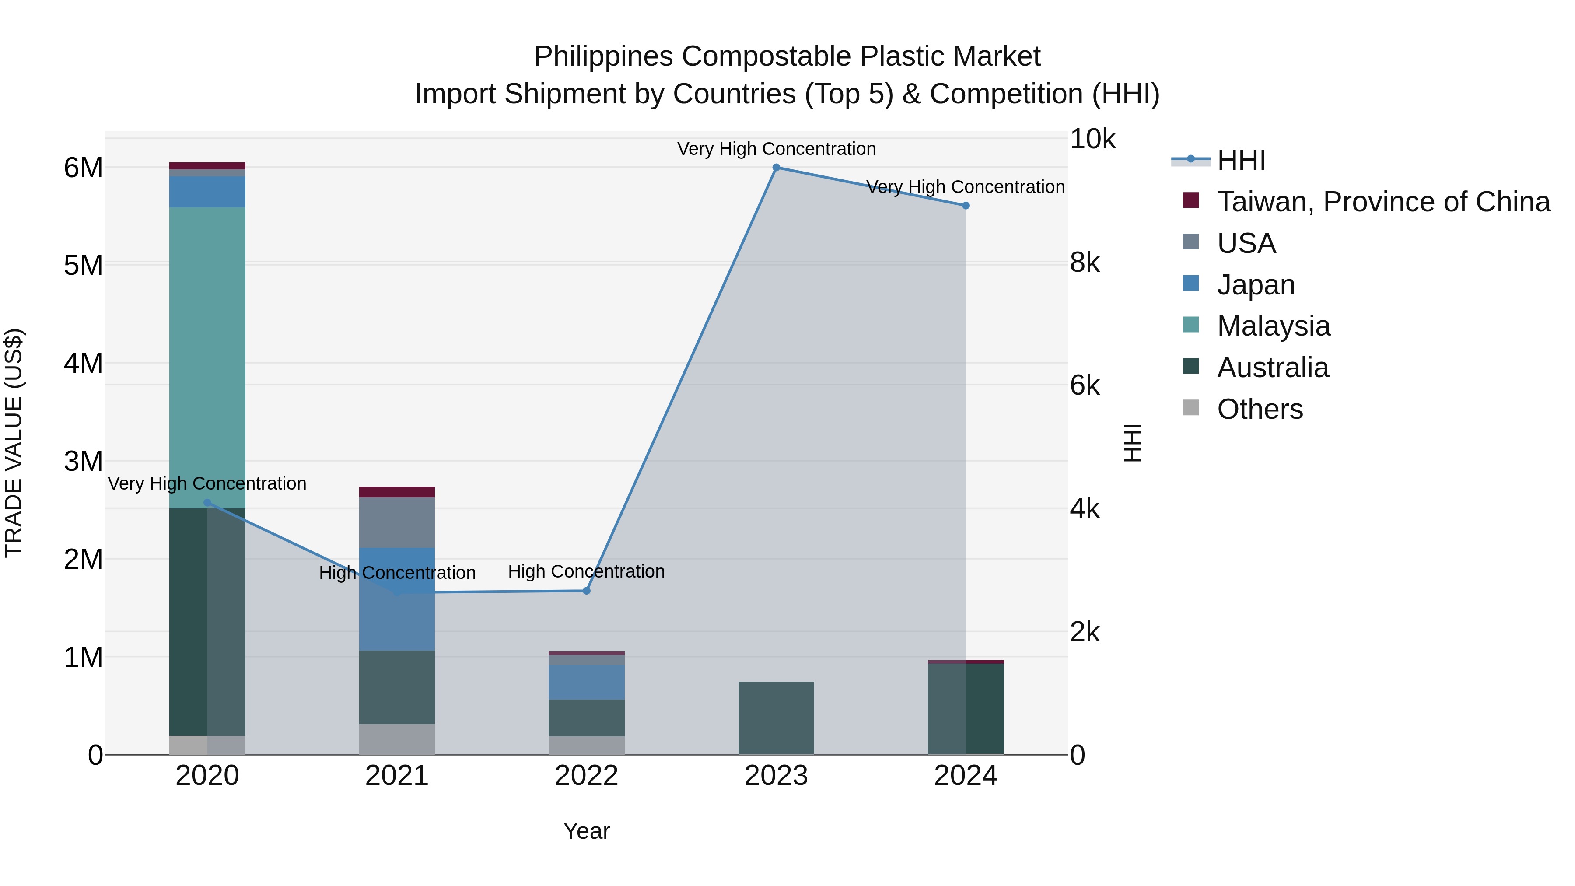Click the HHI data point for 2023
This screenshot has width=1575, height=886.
776,168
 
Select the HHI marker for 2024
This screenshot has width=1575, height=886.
966,206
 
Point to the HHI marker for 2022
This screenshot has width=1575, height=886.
586,591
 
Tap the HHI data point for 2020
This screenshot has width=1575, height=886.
207,503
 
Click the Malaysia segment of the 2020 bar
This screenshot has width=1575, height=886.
207,358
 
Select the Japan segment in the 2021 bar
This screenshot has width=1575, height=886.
397,599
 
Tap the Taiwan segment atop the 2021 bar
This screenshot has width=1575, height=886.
397,492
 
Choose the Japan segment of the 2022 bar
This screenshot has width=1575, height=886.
586,682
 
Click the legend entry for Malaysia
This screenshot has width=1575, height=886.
1273,326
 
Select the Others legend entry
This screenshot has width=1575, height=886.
1260,409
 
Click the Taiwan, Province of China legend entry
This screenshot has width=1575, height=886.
1383,202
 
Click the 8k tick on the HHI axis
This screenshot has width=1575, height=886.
1085,263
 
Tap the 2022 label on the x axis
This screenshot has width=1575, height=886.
586,776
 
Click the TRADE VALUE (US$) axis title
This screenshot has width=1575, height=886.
14,443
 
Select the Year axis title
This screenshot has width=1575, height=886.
586,831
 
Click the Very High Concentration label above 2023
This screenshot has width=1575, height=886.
776,149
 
